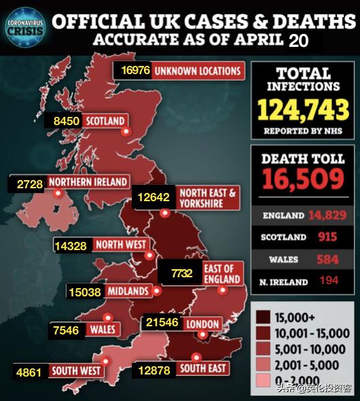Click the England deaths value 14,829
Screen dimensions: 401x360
(x=327, y=215)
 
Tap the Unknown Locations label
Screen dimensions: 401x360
(x=198, y=71)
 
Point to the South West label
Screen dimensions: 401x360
(x=76, y=371)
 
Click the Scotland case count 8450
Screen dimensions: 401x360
(x=67, y=122)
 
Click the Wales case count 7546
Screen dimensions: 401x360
(x=66, y=330)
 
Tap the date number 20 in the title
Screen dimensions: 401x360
(x=298, y=40)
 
